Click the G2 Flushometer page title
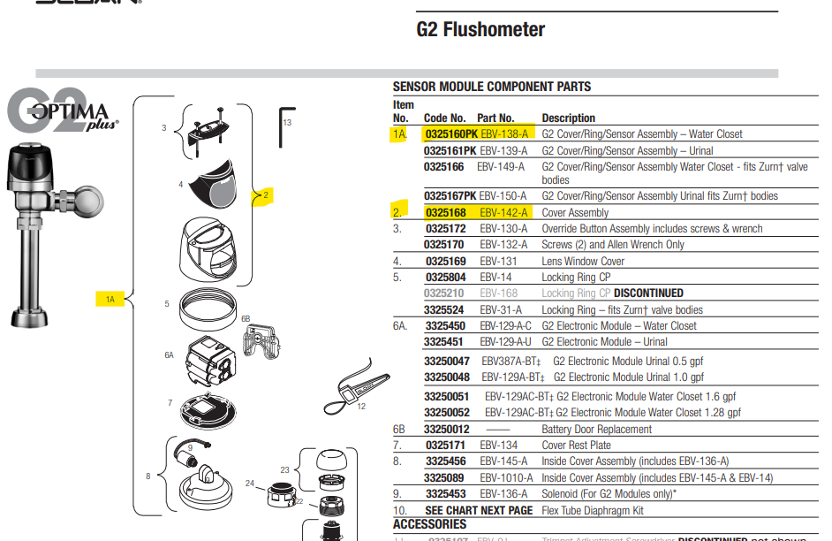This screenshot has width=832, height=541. point(480,30)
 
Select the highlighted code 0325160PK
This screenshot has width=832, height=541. point(451,134)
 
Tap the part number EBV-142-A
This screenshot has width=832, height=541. point(503,213)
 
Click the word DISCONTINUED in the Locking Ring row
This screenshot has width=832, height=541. point(648,293)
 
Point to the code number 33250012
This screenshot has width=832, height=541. point(447,430)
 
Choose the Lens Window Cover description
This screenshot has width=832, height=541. point(583,262)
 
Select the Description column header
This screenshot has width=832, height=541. point(568,118)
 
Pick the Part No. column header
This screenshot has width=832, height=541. point(495,118)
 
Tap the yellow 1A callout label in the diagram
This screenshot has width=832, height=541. point(110,300)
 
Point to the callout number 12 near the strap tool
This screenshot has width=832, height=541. point(361,407)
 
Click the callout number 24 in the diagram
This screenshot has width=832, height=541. point(250,484)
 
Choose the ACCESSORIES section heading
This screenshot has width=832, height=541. point(429,525)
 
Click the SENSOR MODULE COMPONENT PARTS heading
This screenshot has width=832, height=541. point(492,87)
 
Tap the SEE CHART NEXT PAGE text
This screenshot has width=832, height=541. point(479,511)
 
